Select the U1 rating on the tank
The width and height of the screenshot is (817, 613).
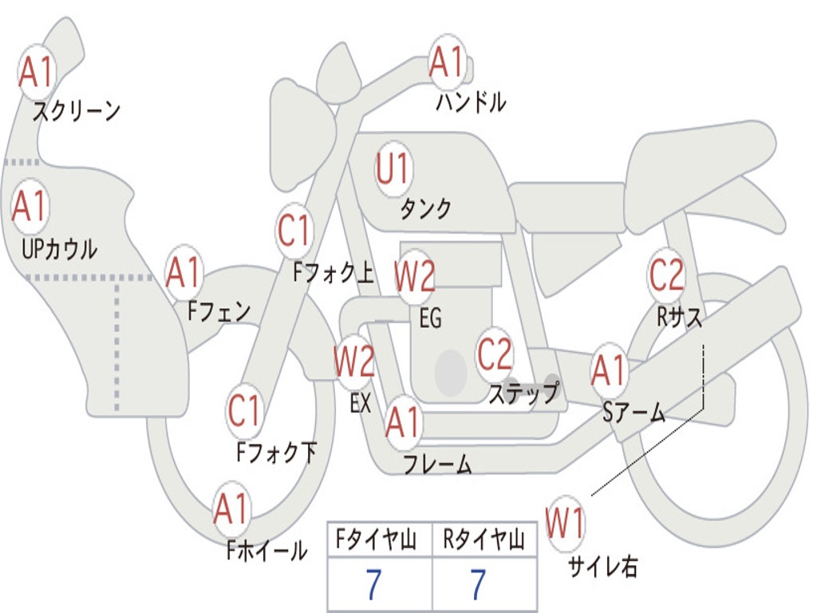tap(393, 169)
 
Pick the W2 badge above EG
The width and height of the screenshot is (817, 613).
tap(415, 276)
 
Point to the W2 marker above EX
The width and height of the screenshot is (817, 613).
tap(354, 362)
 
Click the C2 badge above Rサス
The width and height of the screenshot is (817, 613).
tap(666, 275)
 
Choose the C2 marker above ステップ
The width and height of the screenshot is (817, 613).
tap(495, 354)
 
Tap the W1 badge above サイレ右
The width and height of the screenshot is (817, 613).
tap(565, 524)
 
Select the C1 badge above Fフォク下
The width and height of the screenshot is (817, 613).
tap(244, 411)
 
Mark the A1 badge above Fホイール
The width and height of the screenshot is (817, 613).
tap(231, 509)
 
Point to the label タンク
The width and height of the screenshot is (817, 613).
tap(425, 209)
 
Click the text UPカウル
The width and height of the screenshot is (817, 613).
tap(58, 249)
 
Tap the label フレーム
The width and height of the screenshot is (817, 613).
tap(437, 465)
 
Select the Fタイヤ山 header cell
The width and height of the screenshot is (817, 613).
tap(379, 541)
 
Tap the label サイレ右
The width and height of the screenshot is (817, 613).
tap(602, 567)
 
